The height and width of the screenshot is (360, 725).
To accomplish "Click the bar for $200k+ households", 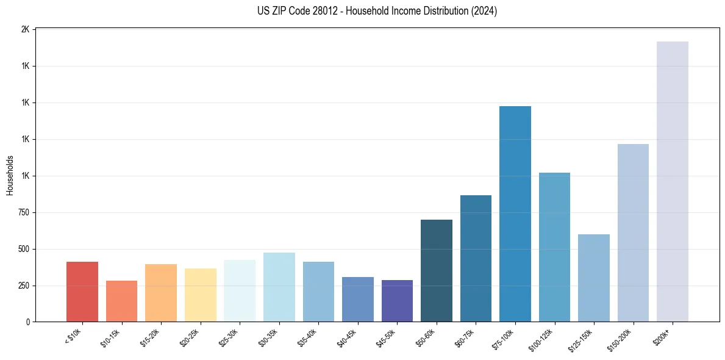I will click(x=672, y=182).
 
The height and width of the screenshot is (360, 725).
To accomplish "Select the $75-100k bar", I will click(x=515, y=214).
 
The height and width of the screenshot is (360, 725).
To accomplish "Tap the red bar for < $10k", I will click(x=82, y=292).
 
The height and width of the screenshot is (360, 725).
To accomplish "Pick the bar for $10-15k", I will click(x=121, y=301).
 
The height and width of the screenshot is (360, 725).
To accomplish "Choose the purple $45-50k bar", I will click(x=397, y=301).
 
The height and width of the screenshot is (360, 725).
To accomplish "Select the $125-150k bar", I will click(x=594, y=278).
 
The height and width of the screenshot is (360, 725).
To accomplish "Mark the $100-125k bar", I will click(x=554, y=247).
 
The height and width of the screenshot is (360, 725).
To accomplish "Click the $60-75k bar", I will click(x=476, y=259).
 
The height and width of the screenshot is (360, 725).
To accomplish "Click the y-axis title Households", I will click(x=10, y=175).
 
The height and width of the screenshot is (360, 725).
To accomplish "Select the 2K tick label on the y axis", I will click(x=25, y=29).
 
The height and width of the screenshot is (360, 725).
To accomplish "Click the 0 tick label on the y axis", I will click(x=28, y=322).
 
